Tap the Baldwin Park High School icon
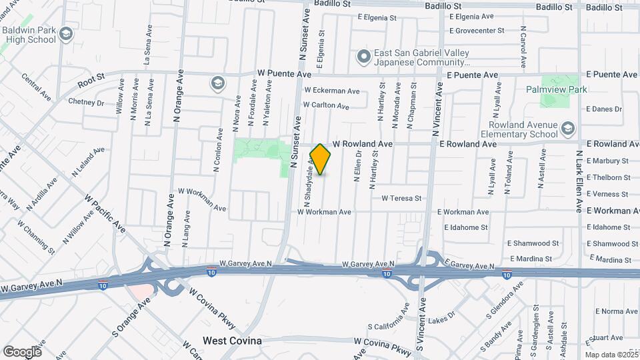pyautogui.click(x=66, y=33)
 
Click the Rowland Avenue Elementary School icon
pyautogui.click(x=567, y=127)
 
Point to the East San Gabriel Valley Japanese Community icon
pyautogui.click(x=363, y=57)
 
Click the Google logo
pyautogui.click(x=22, y=351)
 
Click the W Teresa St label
pyautogui.click(x=401, y=198)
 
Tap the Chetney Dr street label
pyautogui.click(x=86, y=102)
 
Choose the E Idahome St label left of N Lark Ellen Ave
pyautogui.click(x=467, y=227)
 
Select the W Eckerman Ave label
pyautogui.click(x=331, y=91)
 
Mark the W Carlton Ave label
pyautogui.click(x=325, y=105)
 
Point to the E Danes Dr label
pyautogui.click(x=603, y=109)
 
